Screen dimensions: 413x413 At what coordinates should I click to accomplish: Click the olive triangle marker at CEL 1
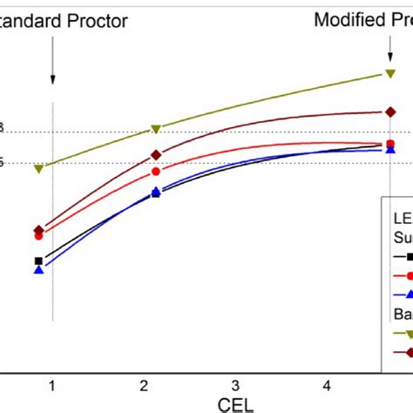click(x=38, y=168)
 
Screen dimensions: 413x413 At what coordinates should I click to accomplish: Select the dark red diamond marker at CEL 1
click(x=38, y=230)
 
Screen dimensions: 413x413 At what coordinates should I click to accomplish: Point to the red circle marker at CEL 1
click(x=38, y=235)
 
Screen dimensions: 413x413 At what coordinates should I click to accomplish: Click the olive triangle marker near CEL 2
click(x=156, y=129)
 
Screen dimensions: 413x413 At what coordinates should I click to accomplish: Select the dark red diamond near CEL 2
click(x=156, y=154)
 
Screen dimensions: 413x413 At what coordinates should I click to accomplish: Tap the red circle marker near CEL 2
click(x=156, y=171)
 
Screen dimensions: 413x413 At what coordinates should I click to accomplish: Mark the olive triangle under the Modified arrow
click(x=390, y=75)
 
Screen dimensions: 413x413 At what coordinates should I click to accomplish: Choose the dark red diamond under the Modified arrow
click(x=390, y=112)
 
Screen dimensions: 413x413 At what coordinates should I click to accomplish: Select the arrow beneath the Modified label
click(x=389, y=50)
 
